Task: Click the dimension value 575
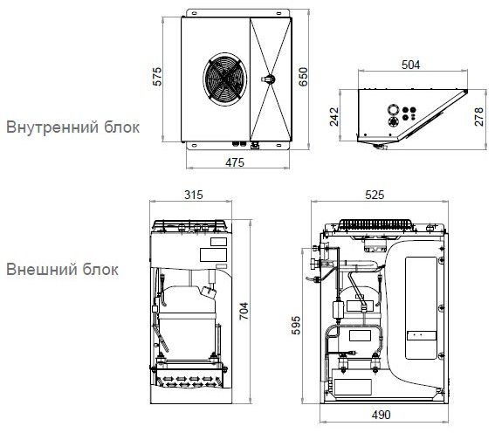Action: click(158, 79)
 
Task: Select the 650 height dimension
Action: click(303, 79)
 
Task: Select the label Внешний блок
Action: click(62, 268)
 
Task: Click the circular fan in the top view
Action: click(224, 78)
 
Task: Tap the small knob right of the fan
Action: click(269, 79)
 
